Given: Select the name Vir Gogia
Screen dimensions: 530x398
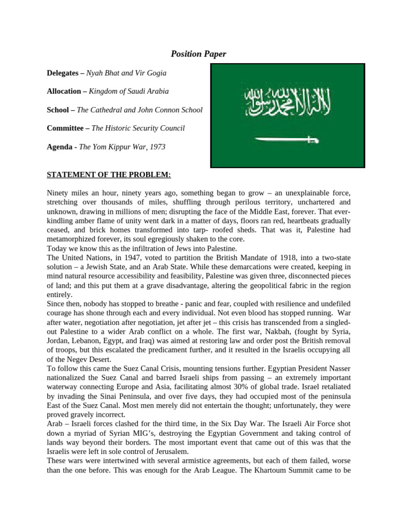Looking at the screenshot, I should [150, 73].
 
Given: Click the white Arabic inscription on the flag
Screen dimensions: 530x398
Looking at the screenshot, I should [287, 101].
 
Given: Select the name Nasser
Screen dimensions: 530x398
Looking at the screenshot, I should [335, 368].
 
